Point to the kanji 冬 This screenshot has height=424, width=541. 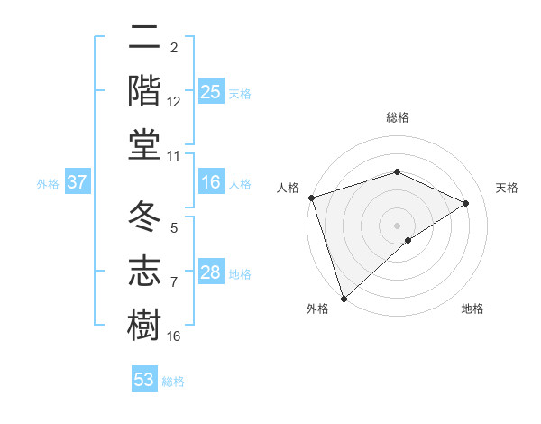[144, 217]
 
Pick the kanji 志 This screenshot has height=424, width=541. [144, 270]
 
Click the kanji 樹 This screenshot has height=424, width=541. [144, 322]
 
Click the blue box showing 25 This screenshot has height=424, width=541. [211, 91]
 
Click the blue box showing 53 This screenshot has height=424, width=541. [144, 380]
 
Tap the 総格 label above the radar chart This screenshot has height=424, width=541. [397, 117]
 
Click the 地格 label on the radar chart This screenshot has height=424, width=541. [472, 309]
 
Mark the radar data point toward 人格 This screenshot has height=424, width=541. [311, 197]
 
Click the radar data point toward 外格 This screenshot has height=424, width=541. [344, 298]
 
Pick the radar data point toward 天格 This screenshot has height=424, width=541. [466, 203]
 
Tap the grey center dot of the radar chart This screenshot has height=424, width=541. [397, 225]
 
